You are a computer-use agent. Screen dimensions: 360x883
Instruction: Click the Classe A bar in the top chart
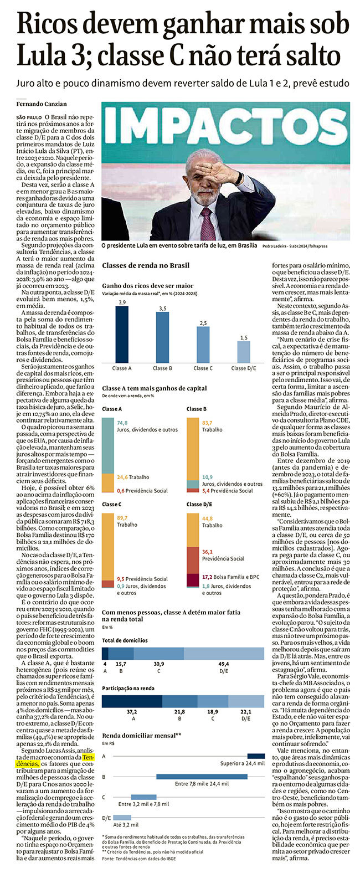pyautogui.click(x=122, y=334)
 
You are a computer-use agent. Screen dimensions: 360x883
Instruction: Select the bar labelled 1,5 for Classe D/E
pyautogui.click(x=244, y=352)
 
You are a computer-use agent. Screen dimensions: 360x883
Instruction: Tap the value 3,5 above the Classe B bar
pyautogui.click(x=163, y=309)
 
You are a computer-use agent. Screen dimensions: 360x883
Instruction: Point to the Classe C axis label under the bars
pyautogui.click(x=203, y=368)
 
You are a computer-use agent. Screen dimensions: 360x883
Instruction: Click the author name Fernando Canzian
pyautogui.click(x=42, y=104)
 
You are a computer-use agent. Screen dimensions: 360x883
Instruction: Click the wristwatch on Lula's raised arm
pyautogui.click(x=239, y=178)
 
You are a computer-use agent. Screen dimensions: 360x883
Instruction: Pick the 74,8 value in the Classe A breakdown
pyautogui.click(x=122, y=423)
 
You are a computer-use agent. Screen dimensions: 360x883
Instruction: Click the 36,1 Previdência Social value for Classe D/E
pyautogui.click(x=223, y=556)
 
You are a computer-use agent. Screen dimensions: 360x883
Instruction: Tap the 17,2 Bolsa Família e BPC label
pyautogui.click(x=230, y=577)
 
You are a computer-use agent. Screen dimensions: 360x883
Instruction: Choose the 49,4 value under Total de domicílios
pyautogui.click(x=224, y=664)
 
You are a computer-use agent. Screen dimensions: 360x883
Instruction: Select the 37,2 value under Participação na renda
pyautogui.click(x=132, y=712)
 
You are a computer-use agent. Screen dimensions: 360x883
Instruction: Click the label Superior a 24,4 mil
pyautogui.click(x=242, y=763)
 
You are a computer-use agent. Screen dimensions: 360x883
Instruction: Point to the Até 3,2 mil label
pyautogui.click(x=126, y=825)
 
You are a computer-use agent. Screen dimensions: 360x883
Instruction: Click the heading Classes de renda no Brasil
pyautogui.click(x=146, y=266)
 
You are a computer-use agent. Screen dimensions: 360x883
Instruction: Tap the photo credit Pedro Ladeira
pyautogui.click(x=274, y=246)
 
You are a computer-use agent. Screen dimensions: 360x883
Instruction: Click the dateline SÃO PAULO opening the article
pyautogui.click(x=29, y=117)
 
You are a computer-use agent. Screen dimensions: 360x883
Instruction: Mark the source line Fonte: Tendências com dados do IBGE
pyautogui.click(x=139, y=859)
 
